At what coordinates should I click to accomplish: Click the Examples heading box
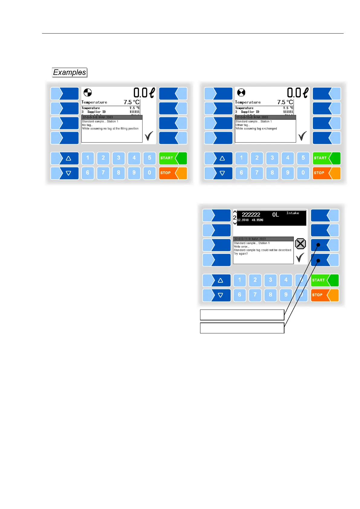70,73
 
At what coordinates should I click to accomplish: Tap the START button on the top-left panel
173,158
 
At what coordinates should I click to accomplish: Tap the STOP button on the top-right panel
326,173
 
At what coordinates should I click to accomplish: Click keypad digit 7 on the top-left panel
103,173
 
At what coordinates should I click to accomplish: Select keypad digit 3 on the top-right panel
272,158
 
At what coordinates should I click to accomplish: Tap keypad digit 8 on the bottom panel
270,295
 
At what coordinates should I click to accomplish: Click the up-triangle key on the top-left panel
65,158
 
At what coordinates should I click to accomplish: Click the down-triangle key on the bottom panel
216,295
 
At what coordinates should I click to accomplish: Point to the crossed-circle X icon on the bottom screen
300,244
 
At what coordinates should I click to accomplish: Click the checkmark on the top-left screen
149,136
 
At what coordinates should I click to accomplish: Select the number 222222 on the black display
251,215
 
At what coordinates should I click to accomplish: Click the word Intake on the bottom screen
293,213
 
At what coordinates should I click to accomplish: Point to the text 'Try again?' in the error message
241,254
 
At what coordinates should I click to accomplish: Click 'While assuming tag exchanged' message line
256,128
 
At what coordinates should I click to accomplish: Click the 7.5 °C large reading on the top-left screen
131,102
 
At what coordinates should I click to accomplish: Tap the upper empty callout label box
242,315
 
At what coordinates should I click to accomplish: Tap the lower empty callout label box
242,328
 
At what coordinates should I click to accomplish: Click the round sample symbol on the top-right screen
241,92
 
